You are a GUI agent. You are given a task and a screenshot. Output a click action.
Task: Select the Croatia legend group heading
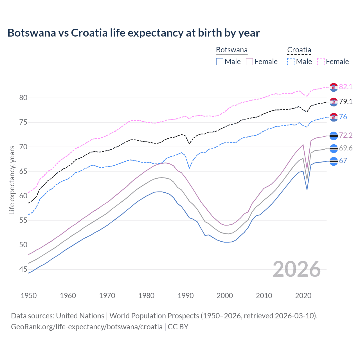(299, 50)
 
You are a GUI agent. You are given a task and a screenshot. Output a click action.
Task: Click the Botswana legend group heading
(232, 50)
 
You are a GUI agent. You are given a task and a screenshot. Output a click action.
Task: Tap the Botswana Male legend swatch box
(220, 62)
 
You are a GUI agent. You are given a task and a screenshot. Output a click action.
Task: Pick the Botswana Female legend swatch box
(249, 62)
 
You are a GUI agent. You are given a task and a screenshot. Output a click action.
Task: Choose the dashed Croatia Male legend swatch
(291, 62)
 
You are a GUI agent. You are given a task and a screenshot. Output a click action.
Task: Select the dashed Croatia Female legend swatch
(321, 62)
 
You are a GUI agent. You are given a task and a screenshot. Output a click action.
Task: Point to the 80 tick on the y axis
(23, 98)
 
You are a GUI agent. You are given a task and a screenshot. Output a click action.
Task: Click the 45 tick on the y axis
(23, 269)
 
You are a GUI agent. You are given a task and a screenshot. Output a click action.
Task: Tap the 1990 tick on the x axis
(186, 296)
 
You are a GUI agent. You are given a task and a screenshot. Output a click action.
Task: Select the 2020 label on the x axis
(303, 296)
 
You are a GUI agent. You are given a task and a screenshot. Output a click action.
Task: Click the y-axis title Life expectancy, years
(12, 180)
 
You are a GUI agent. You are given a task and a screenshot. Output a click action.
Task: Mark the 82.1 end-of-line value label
(346, 87)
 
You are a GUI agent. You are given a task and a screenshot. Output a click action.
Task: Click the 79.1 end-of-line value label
(346, 102)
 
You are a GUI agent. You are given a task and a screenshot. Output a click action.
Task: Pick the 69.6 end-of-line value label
(346, 148)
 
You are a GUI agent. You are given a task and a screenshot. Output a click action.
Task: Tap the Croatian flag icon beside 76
(334, 117)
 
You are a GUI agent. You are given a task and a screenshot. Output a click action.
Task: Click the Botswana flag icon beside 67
(334, 161)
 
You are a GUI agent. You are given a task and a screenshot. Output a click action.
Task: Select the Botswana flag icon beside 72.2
(334, 136)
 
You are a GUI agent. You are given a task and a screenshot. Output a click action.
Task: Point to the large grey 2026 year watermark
(297, 269)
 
